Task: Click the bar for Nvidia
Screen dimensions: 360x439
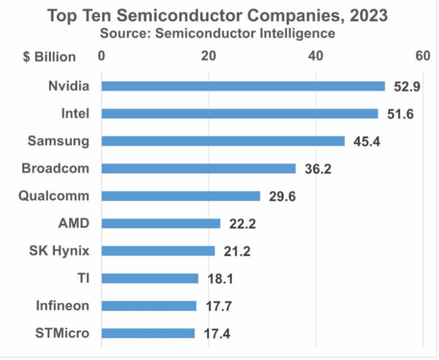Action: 243,86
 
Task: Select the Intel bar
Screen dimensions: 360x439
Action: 240,114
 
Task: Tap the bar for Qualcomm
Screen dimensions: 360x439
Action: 181,196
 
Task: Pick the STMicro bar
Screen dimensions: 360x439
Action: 148,333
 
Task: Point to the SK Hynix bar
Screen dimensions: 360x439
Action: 158,251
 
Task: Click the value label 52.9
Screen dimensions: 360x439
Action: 407,87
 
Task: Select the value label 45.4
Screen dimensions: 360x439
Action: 367,142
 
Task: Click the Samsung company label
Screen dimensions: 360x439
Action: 59,141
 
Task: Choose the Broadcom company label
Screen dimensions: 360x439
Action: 56,168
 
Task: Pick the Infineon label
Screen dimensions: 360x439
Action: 63,306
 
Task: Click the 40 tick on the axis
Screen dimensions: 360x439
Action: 316,56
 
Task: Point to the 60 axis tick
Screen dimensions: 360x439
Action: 422,56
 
